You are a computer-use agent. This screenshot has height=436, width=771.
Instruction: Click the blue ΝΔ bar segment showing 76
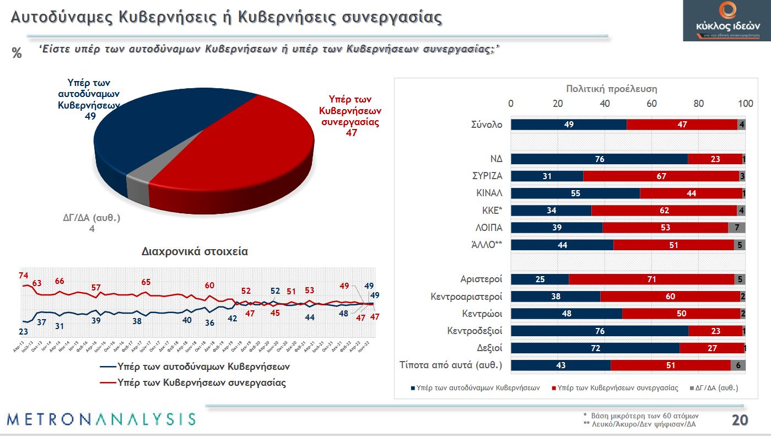(600, 159)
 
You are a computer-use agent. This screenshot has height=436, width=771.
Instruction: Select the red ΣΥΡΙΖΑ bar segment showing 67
(661, 176)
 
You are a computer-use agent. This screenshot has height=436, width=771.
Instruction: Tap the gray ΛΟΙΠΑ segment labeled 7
(737, 228)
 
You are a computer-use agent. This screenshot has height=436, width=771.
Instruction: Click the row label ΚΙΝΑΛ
(489, 193)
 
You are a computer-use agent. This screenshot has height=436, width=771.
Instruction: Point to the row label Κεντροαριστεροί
(466, 297)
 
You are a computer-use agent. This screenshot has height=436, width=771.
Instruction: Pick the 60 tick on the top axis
(652, 104)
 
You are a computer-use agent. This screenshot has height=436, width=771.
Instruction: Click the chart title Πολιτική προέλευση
(612, 89)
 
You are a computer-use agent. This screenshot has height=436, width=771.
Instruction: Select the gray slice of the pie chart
(137, 187)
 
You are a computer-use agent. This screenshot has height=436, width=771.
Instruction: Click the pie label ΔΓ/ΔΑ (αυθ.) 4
(92, 223)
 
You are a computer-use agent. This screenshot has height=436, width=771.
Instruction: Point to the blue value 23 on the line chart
(23, 331)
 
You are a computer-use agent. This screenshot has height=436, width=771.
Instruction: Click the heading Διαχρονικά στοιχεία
(195, 252)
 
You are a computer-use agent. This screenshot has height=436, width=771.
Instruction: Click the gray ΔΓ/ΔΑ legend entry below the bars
(714, 388)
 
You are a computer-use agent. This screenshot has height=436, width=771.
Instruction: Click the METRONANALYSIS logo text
(101, 418)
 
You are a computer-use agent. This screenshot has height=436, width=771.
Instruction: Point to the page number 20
(739, 421)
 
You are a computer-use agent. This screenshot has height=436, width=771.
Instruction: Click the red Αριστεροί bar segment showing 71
(651, 279)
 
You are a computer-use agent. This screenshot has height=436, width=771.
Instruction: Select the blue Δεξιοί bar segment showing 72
(595, 348)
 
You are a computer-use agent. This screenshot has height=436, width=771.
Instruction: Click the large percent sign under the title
(17, 53)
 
